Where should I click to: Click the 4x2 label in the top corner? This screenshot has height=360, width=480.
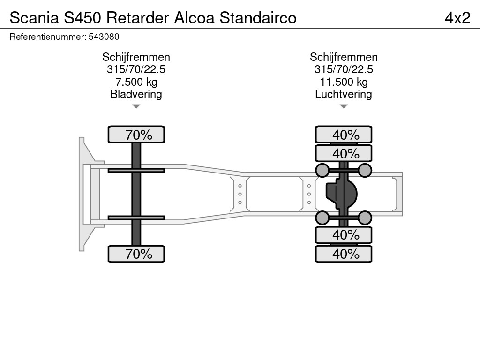pyautogui.click(x=457, y=18)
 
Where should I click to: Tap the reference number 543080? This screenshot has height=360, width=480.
pyautogui.click(x=104, y=37)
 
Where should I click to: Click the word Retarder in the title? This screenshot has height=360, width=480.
pyautogui.click(x=137, y=18)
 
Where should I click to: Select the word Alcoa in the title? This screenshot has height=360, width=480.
pyautogui.click(x=195, y=18)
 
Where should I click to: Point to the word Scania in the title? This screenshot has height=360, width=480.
pyautogui.click(x=34, y=18)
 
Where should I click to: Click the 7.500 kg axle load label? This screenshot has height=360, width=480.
pyautogui.click(x=136, y=82)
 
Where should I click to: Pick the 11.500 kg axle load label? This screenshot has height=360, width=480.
pyautogui.click(x=344, y=82)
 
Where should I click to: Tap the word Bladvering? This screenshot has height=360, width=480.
pyautogui.click(x=136, y=94)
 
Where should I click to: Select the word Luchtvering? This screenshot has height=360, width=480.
pyautogui.click(x=344, y=94)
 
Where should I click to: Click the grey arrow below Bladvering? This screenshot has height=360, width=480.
pyautogui.click(x=136, y=106)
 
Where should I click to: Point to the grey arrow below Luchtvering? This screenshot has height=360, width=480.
pyautogui.click(x=344, y=106)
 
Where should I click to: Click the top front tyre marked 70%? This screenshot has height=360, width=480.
pyautogui.click(x=136, y=135)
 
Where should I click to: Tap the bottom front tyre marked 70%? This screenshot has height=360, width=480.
pyautogui.click(x=136, y=254)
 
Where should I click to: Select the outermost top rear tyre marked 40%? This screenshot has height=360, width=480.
pyautogui.click(x=344, y=135)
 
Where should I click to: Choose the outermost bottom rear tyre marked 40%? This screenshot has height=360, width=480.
pyautogui.click(x=344, y=254)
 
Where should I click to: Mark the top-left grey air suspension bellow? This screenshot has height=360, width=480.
pyautogui.click(x=322, y=170)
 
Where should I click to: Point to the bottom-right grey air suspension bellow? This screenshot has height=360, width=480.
pyautogui.click(x=365, y=217)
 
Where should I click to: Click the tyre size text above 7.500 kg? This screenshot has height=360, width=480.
pyautogui.click(x=136, y=69)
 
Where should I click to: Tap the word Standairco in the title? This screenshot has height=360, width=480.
pyautogui.click(x=258, y=18)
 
